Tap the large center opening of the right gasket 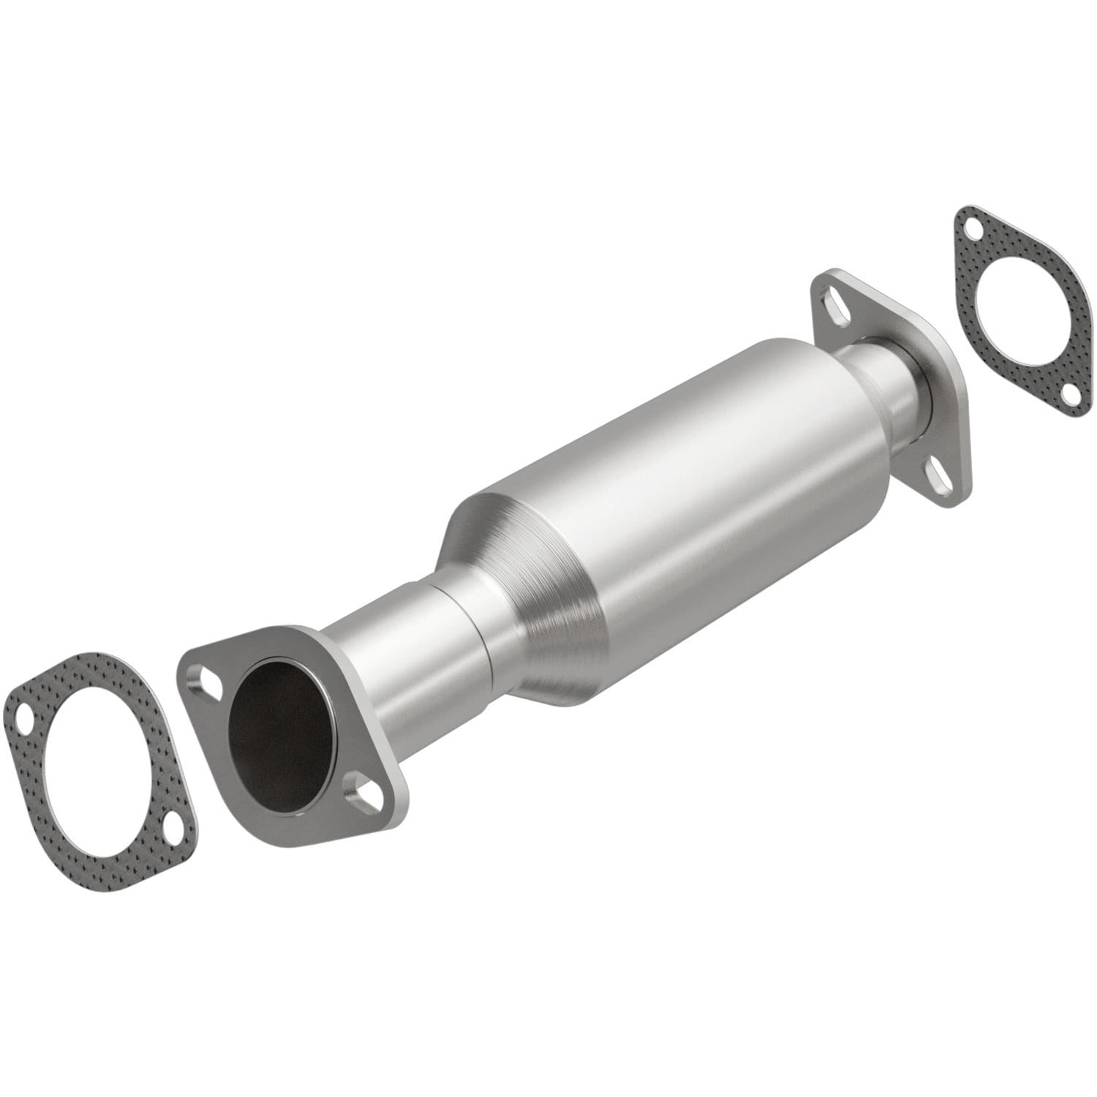1019,310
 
